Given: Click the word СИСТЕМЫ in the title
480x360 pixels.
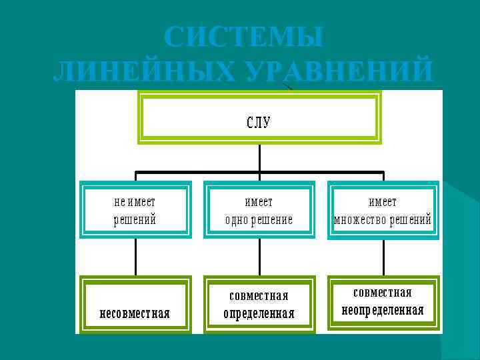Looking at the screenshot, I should pos(243,37).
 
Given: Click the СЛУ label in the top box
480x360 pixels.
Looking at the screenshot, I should pos(259,123).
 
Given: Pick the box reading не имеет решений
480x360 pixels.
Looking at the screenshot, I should pos(135,210).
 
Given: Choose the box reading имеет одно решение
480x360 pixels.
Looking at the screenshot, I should pos(259,210).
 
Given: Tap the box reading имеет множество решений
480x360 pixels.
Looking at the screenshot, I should pos(383,210).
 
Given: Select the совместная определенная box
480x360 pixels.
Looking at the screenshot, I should pos(259,304).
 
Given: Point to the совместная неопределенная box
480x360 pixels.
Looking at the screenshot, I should pos(383,302).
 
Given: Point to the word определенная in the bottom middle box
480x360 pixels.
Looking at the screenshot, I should pos(259,313).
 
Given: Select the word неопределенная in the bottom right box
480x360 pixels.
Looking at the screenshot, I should pos(383,311).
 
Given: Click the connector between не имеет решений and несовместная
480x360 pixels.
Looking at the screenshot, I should pos(135,257).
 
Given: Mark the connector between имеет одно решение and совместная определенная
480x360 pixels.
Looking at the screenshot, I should pos(259,257).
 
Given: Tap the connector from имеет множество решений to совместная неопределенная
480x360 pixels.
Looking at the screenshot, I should pos(383,257).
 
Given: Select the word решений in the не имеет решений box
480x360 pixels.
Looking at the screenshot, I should pos(135,220).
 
